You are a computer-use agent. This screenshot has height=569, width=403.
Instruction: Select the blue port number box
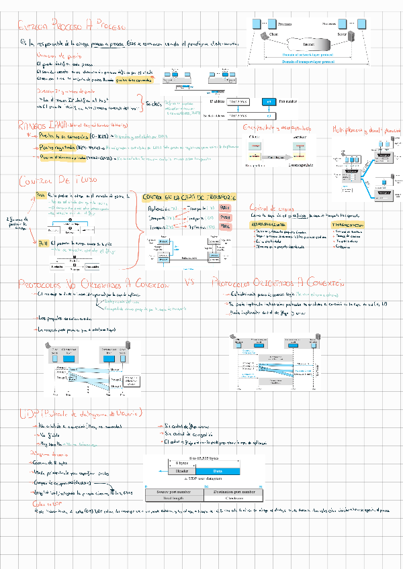(267, 102)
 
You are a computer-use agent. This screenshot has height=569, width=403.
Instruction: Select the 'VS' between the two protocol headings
(189, 282)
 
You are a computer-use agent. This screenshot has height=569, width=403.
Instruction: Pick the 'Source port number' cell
(174, 493)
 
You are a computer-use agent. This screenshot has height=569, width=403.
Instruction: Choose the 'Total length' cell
(174, 499)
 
